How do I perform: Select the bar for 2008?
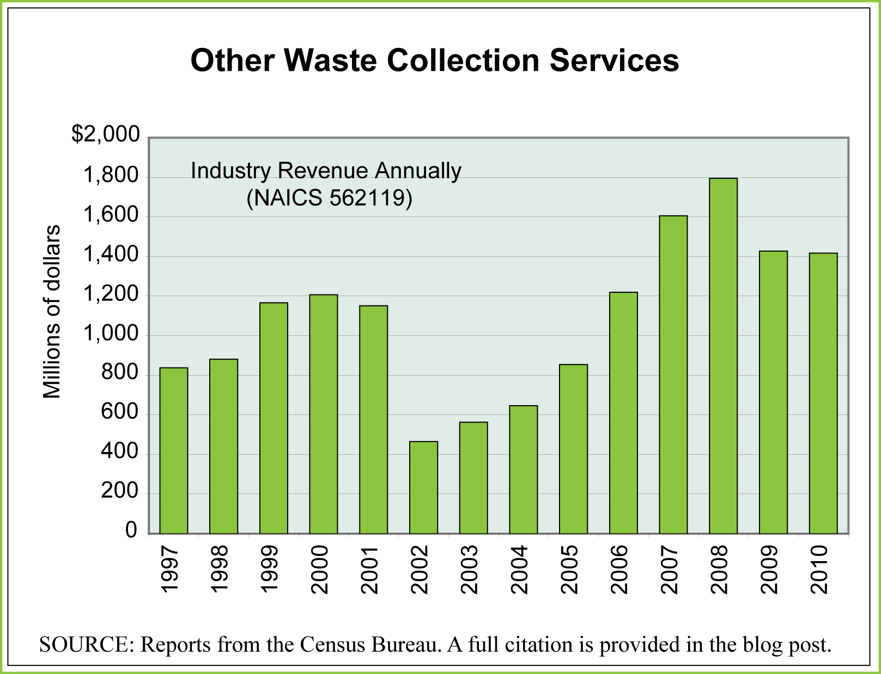[x=723, y=356]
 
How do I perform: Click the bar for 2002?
[x=423, y=487]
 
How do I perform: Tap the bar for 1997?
[x=173, y=450]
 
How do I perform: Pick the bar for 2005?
[x=573, y=449]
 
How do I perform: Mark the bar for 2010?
[x=823, y=393]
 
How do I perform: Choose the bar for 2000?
[x=323, y=414]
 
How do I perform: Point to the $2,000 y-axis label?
[x=106, y=134]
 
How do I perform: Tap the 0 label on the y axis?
[x=131, y=530]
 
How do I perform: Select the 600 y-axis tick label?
[x=120, y=412]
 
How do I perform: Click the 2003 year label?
[x=469, y=570]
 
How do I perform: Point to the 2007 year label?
[x=669, y=570]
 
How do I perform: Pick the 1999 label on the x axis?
[x=269, y=570]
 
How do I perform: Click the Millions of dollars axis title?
[x=52, y=312]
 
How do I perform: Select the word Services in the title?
[x=614, y=60]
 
